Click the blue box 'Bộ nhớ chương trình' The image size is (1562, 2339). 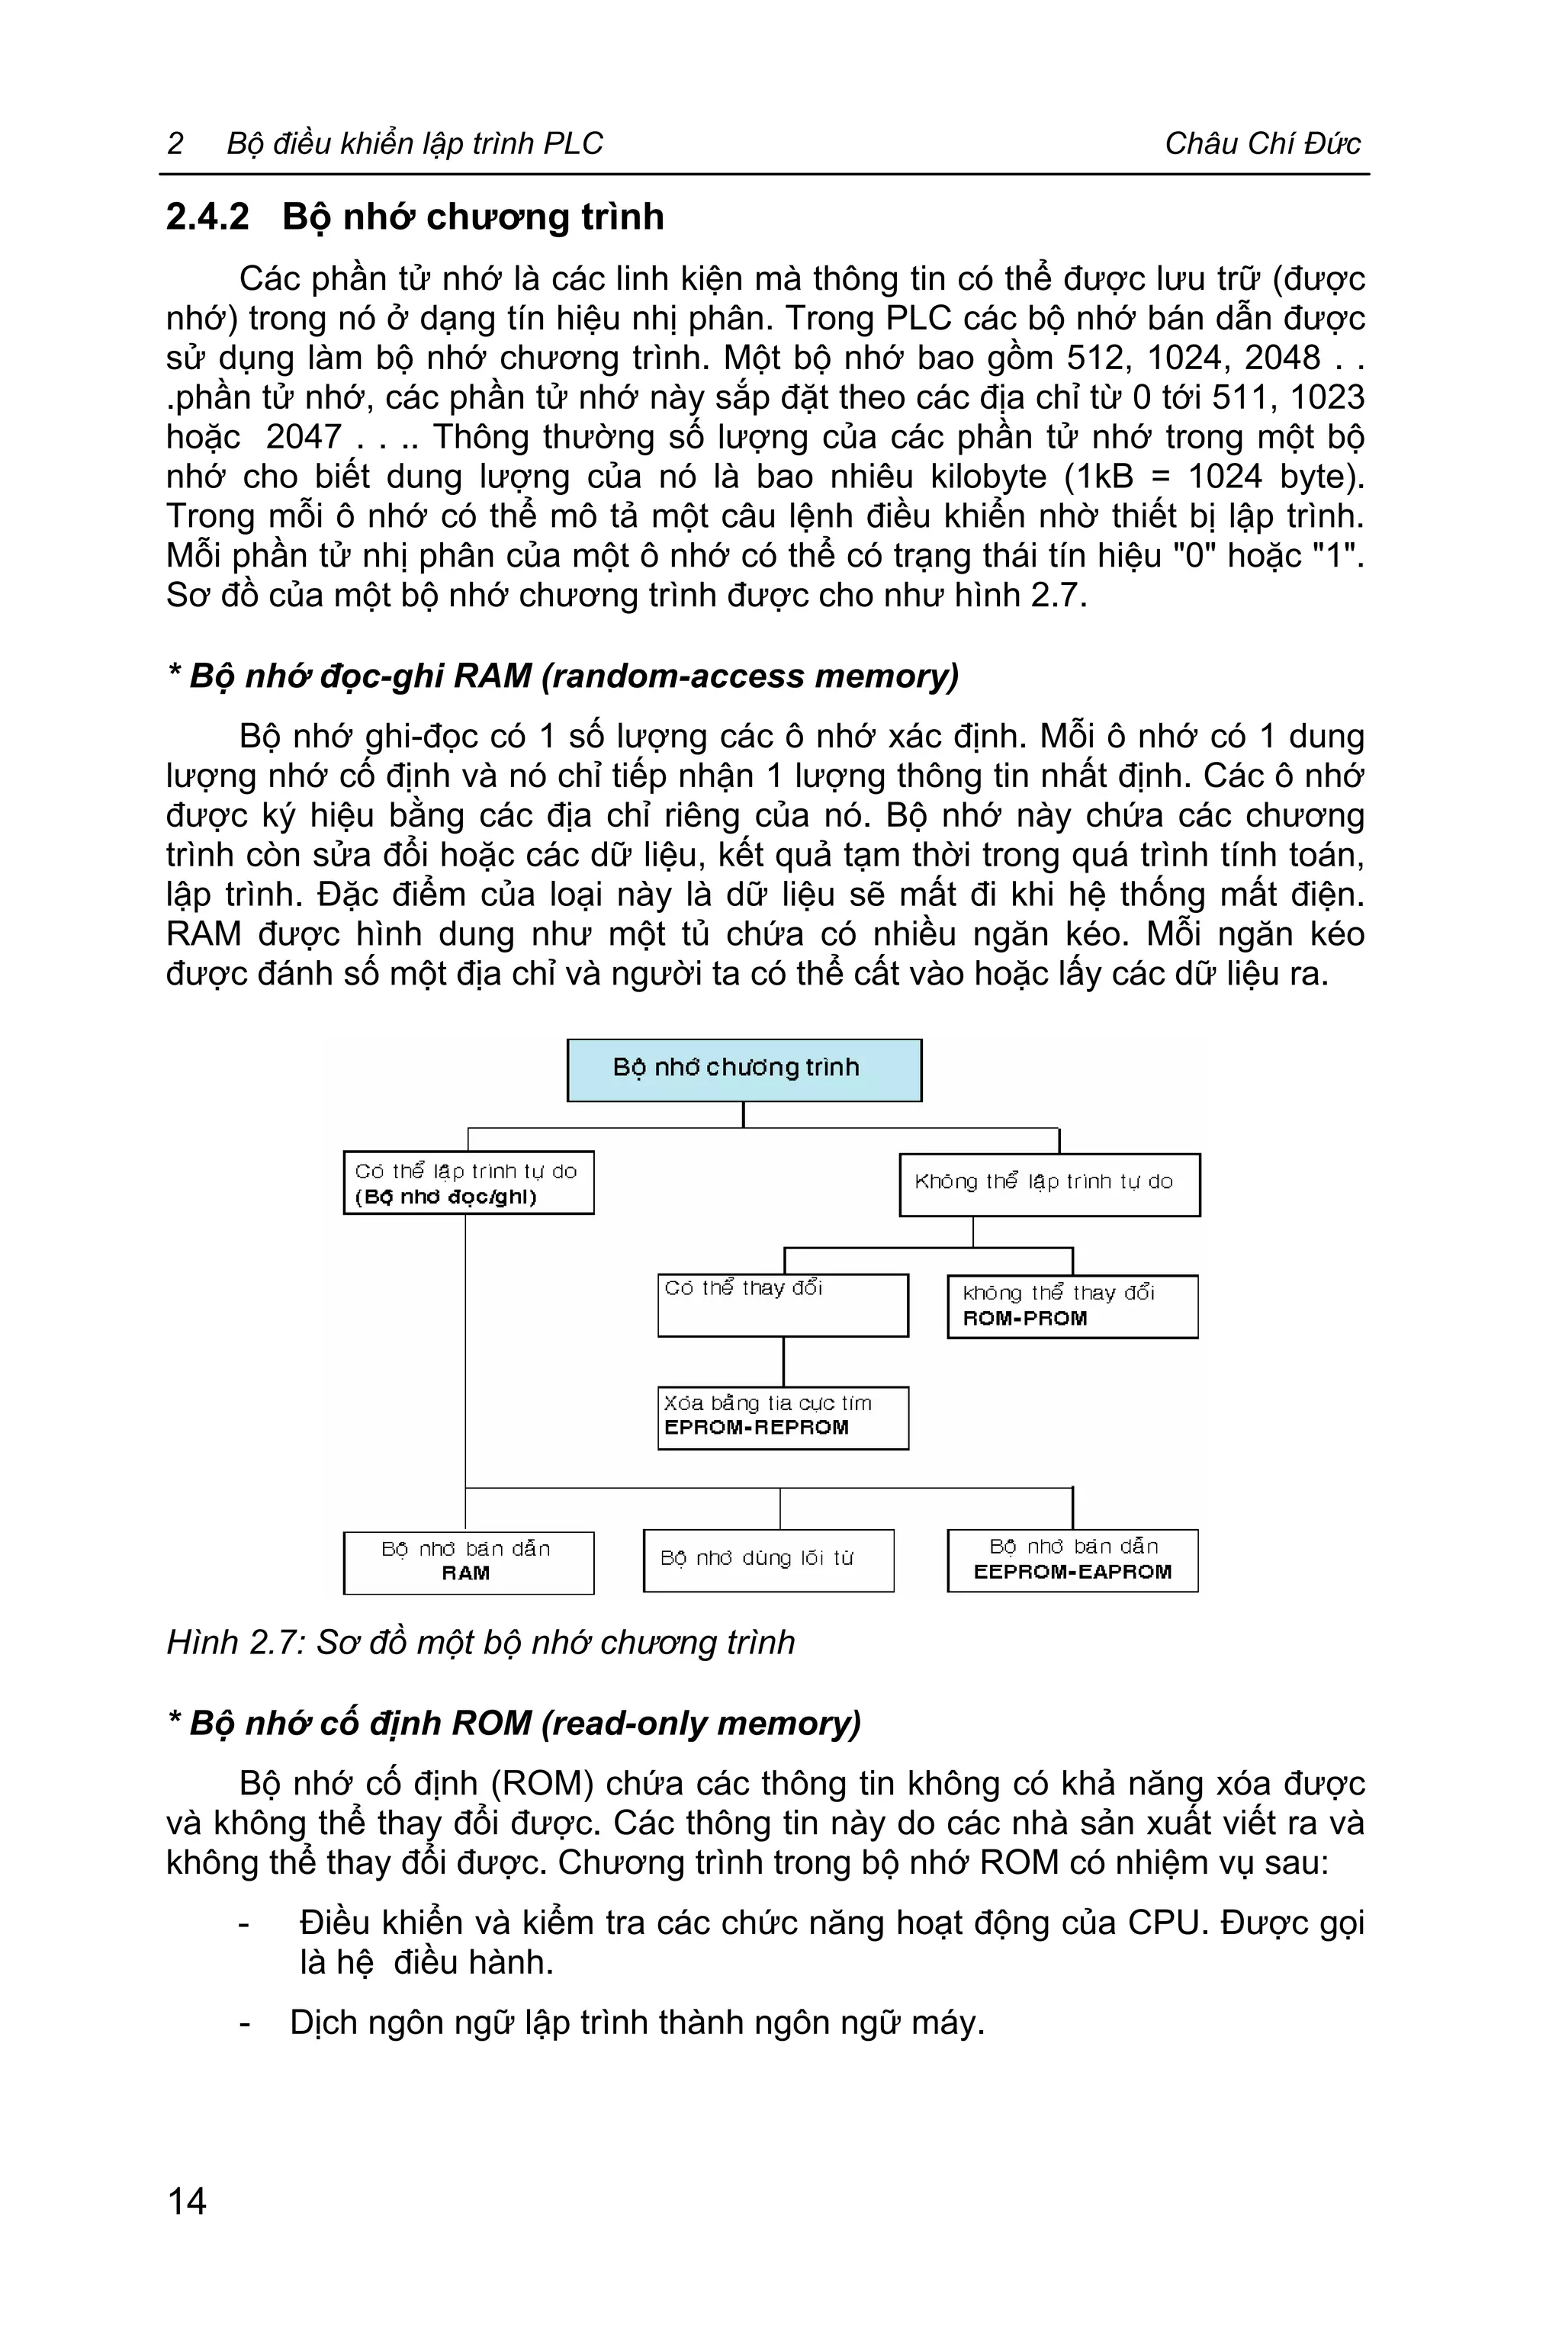tap(744, 1069)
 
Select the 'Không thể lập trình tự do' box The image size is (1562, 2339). tap(1049, 1184)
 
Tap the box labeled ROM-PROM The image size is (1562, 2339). tap(1072, 1306)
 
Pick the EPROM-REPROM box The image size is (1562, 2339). tap(783, 1416)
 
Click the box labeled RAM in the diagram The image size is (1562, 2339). tap(468, 1562)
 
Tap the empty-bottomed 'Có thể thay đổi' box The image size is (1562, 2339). tap(783, 1305)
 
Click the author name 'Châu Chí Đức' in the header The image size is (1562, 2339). tap(1261, 144)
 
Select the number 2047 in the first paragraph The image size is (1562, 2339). tap(304, 437)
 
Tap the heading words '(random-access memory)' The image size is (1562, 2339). tap(750, 676)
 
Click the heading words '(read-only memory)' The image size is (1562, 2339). tap(700, 1724)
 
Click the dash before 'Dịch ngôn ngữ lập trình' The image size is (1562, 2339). tap(245, 2023)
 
